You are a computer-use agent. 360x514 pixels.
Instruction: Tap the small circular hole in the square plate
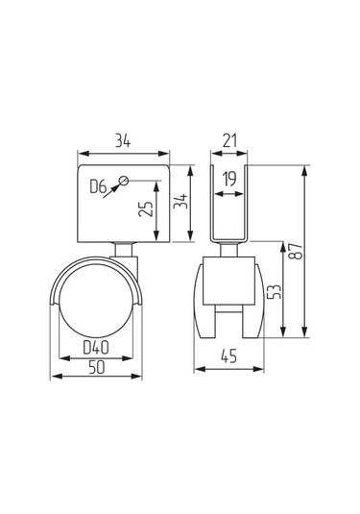(x=126, y=180)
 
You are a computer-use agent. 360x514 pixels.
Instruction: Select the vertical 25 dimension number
(x=145, y=210)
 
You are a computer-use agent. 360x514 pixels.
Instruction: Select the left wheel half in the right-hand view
(x=208, y=303)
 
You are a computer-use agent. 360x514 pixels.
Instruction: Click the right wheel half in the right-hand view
(x=250, y=303)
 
